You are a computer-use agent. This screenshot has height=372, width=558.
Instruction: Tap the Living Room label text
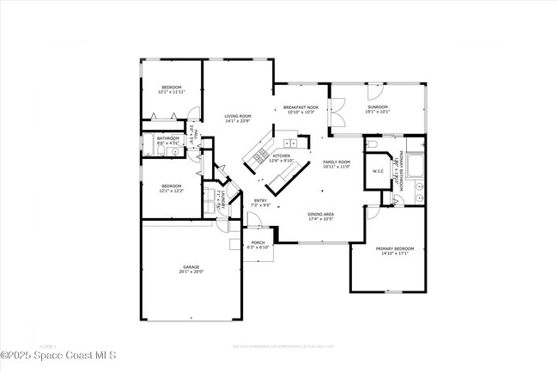pyautogui.click(x=238, y=119)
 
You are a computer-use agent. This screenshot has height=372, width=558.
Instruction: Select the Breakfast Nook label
pyautogui.click(x=300, y=110)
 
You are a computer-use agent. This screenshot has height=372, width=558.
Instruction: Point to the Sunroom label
pyautogui.click(x=378, y=109)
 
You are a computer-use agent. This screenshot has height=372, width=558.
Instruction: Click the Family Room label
pyautogui.click(x=337, y=164)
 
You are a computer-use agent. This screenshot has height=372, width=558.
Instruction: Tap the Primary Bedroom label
pyautogui.click(x=396, y=251)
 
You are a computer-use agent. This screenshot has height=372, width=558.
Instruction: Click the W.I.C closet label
pyautogui.click(x=378, y=172)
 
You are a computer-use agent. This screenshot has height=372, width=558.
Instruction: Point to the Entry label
pyautogui.click(x=260, y=203)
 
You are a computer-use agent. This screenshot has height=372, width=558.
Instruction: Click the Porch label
pyautogui.click(x=258, y=245)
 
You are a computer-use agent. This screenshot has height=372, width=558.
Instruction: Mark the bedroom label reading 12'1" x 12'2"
pyautogui.click(x=172, y=188)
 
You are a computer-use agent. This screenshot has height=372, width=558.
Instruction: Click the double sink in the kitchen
pyautogui.click(x=291, y=143)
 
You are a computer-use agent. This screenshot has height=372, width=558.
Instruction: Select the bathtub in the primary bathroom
pyautogui.click(x=415, y=162)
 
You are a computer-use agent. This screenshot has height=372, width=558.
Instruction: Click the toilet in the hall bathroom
pyautogui.click(x=161, y=152)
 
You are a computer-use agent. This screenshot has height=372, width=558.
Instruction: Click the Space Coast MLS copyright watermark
pyautogui.click(x=58, y=355)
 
